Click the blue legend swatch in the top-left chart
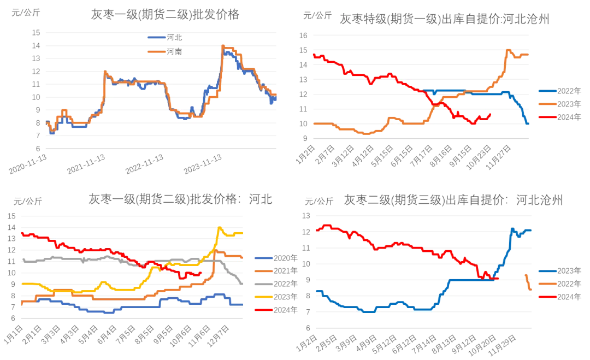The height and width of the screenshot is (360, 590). pyautogui.click(x=155, y=38)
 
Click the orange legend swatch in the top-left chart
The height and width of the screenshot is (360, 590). pyautogui.click(x=155, y=52)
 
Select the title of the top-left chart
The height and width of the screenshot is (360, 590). pyautogui.click(x=164, y=15)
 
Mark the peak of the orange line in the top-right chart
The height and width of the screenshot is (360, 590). pyautogui.click(x=508, y=50)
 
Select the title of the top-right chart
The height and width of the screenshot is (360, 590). pyautogui.click(x=442, y=18)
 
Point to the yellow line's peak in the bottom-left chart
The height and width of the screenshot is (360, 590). pyautogui.click(x=220, y=227)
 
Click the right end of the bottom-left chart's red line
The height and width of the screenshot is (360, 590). pyautogui.click(x=202, y=272)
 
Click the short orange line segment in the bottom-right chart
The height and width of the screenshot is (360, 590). pyautogui.click(x=528, y=281)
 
